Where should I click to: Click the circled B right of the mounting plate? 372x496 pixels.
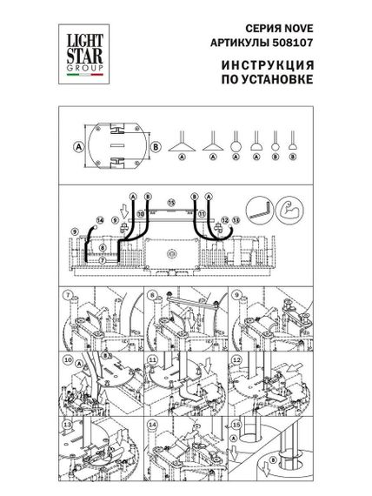(155, 145)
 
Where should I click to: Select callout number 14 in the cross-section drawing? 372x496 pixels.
(100, 221)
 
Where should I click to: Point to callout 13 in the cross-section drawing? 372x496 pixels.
(235, 222)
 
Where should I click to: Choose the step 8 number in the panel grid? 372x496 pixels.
(151, 294)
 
